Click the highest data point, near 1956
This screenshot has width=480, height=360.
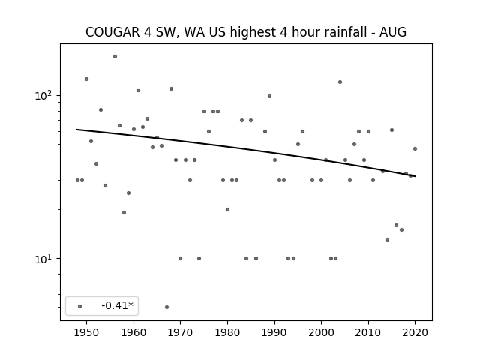click(x=115, y=57)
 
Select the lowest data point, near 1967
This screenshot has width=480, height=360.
click(x=166, y=307)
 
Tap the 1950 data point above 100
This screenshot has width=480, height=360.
click(x=87, y=79)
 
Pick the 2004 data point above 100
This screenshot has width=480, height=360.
click(x=340, y=82)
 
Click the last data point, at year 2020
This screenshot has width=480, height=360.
click(x=415, y=149)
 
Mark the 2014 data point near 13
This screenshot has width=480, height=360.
click(x=387, y=240)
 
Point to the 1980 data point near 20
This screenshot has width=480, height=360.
click(x=227, y=210)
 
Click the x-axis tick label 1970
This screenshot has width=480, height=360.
click(x=181, y=333)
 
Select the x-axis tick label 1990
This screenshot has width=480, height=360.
click(x=274, y=333)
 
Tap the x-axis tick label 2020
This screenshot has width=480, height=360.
click(x=415, y=333)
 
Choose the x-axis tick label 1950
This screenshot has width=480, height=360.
click(x=87, y=333)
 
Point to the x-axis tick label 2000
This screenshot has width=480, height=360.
click(x=322, y=333)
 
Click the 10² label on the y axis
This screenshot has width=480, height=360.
click(x=44, y=96)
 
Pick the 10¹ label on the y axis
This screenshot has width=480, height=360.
click(x=44, y=259)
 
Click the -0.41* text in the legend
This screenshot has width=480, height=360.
click(x=118, y=305)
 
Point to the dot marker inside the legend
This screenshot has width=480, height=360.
click(x=80, y=307)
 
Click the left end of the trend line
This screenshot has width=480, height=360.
click(x=76, y=130)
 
